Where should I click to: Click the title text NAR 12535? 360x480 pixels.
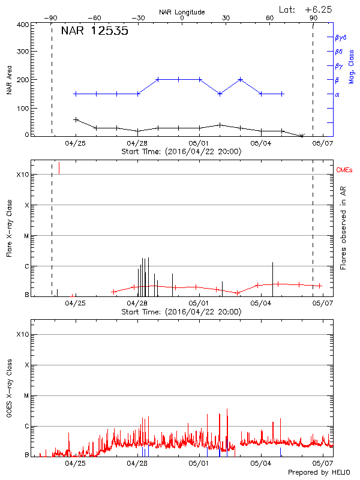click(x=94, y=31)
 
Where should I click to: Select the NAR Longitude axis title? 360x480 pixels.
click(x=182, y=11)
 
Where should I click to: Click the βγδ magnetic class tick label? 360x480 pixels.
click(x=340, y=37)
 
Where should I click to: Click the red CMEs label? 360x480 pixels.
click(x=345, y=171)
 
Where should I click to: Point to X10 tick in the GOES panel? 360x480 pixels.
click(x=22, y=334)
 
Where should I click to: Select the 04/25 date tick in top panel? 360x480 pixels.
click(x=75, y=143)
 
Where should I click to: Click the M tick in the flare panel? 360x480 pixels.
click(x=26, y=236)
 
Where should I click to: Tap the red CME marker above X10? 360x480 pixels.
click(x=59, y=167)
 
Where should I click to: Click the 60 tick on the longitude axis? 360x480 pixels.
click(x=270, y=18)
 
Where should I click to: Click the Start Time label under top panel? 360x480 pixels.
click(x=182, y=151)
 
